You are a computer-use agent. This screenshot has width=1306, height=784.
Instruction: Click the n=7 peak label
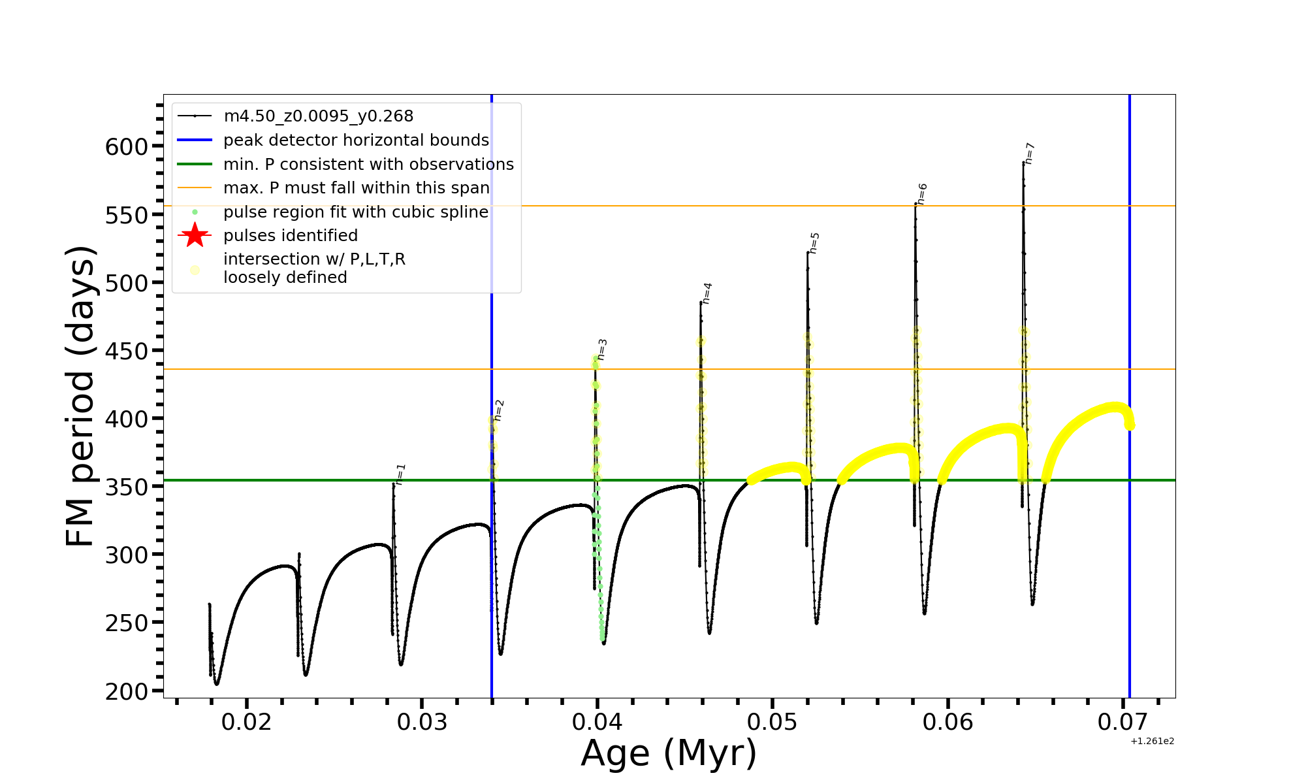1030,153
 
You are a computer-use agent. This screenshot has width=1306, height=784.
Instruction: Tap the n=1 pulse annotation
401,474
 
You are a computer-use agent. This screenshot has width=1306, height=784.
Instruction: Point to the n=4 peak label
707,293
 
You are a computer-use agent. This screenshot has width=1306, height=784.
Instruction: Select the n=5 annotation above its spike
814,243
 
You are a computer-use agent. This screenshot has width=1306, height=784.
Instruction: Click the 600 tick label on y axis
127,146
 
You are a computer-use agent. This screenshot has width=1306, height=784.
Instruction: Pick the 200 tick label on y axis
127,691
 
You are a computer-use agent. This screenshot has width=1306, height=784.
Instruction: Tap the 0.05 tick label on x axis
772,722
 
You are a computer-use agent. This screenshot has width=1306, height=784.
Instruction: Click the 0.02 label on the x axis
247,722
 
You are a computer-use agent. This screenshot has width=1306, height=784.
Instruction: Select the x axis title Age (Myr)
669,753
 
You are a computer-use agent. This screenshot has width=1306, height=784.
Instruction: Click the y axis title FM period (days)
81,396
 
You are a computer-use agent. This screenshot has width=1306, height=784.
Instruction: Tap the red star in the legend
195,235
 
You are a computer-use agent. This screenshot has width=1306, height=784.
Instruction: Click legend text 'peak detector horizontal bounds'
356,140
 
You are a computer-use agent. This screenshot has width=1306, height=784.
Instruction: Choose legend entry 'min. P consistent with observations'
368,165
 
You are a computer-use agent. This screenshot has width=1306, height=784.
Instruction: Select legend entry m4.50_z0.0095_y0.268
318,116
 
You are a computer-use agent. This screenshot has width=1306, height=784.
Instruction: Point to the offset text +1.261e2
1152,741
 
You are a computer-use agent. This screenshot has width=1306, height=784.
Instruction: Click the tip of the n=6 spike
916,204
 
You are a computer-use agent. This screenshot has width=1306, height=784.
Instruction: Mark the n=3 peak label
602,350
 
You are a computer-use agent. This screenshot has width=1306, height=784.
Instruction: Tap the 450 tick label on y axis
127,351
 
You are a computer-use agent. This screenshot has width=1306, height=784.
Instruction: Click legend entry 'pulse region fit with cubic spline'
356,212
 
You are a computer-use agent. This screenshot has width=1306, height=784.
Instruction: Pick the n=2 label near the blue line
499,410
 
